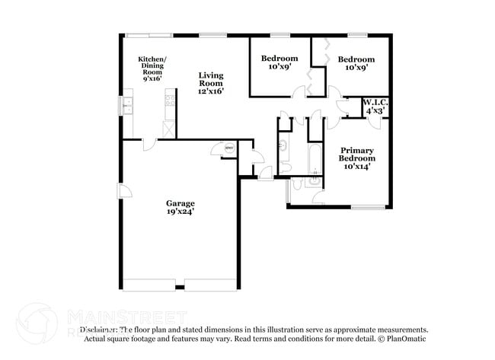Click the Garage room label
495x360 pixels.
180,203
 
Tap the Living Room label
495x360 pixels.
211,79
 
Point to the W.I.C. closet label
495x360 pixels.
375,102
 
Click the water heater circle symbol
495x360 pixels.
228,149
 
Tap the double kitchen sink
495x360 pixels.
127,104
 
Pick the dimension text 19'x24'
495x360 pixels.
180,213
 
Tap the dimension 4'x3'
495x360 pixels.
375,111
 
